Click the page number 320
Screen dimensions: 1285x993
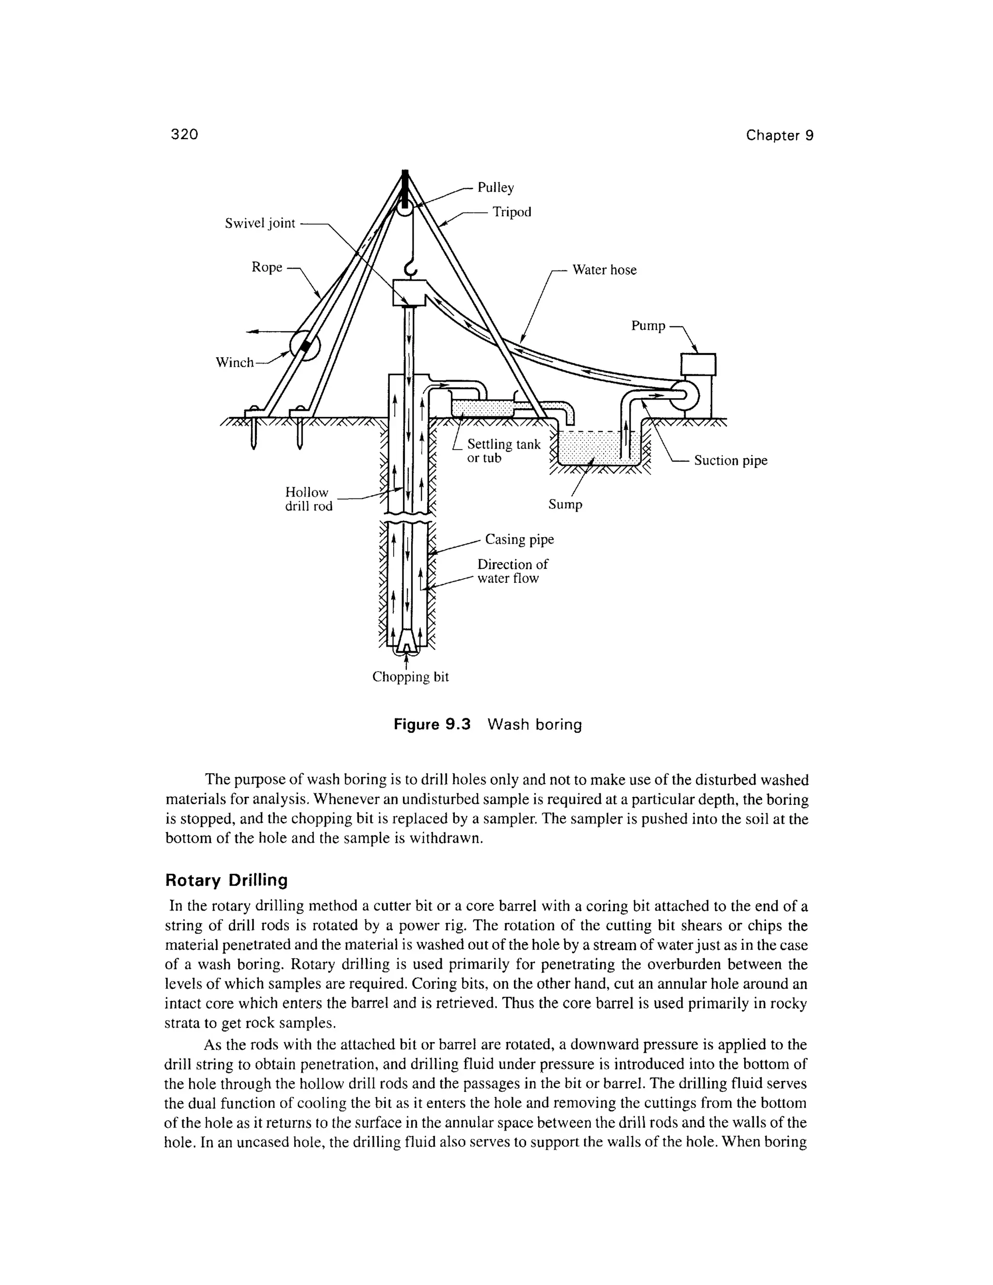click(x=184, y=135)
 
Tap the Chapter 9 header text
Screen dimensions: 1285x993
click(x=780, y=135)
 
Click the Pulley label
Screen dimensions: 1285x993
click(x=496, y=188)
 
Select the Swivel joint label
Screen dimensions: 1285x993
click(x=259, y=224)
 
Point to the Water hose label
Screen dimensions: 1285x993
click(x=604, y=270)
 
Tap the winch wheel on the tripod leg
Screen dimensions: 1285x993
click(x=305, y=347)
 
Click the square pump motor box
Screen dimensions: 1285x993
click(x=698, y=365)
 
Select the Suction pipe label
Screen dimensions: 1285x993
click(x=731, y=461)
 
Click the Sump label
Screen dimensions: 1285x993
click(x=565, y=505)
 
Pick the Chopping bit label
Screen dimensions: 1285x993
click(x=410, y=677)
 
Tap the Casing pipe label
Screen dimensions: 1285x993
click(x=519, y=540)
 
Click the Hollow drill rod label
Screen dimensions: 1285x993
click(x=308, y=499)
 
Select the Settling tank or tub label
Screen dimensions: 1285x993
click(x=503, y=451)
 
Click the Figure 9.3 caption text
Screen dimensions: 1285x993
click(x=488, y=724)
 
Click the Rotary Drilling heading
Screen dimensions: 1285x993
click(x=226, y=880)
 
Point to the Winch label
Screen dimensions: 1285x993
click(x=234, y=362)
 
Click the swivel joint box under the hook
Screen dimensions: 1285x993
click(x=409, y=292)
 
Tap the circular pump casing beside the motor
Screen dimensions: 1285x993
click(x=685, y=397)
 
